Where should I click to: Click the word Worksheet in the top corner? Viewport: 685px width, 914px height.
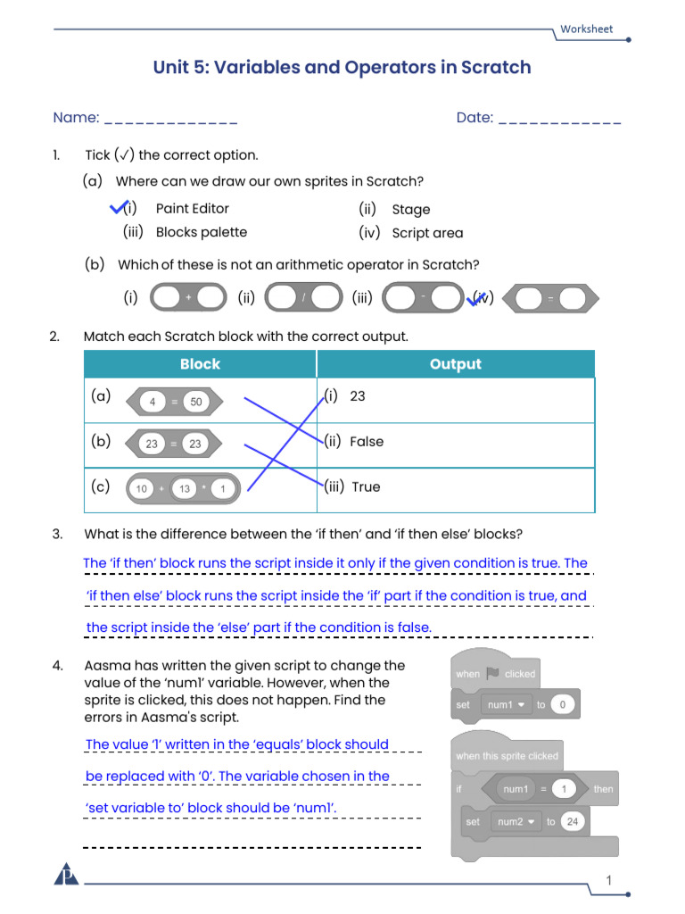586,29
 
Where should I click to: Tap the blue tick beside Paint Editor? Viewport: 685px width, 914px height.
119,207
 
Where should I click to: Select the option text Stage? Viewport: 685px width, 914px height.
410,209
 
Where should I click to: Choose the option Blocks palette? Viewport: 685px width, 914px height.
202,232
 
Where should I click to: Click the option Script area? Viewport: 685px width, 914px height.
427,233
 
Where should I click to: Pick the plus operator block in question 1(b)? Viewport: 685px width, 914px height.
188,297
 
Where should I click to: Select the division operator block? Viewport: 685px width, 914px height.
303,297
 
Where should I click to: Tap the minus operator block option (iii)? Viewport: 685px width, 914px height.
423,297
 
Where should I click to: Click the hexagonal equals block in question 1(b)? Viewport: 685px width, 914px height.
550,298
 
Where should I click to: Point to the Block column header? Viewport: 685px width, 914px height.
200,364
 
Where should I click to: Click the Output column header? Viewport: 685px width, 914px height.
456,364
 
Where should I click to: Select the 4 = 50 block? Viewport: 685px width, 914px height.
174,402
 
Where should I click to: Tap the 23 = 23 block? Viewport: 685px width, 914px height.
174,444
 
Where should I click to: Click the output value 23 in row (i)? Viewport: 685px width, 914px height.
357,396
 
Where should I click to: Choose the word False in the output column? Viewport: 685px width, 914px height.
367,442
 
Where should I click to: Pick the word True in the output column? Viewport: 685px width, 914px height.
366,486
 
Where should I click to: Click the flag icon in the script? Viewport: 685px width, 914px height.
492,673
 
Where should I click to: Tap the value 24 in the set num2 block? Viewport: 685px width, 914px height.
573,821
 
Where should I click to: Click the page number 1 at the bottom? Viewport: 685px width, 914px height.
608,880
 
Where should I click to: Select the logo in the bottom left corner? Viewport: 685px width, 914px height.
66,875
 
